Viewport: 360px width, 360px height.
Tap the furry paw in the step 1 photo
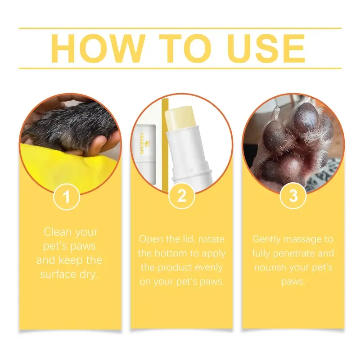pos(67,126)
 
